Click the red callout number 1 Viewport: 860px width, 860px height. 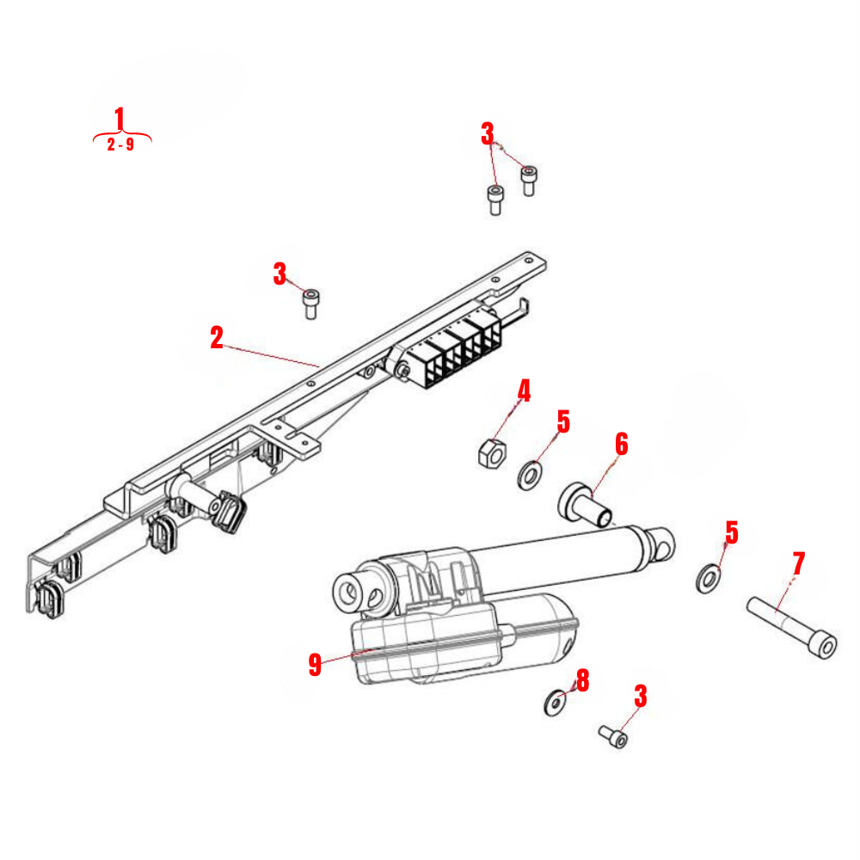tap(120, 119)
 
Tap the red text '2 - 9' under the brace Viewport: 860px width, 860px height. tap(120, 145)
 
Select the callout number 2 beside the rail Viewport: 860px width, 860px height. tap(217, 337)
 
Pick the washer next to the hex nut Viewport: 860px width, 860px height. tap(531, 474)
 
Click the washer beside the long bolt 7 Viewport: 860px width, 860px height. tap(708, 578)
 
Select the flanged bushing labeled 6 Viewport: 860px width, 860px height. tap(584, 504)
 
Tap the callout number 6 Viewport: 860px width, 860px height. tap(621, 445)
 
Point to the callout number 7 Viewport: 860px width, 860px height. tap(798, 564)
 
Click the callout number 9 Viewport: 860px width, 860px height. tap(315, 664)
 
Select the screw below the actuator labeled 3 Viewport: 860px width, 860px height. tap(613, 737)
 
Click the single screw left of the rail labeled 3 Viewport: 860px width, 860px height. tap(311, 303)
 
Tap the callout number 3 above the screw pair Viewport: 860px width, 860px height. tap(488, 133)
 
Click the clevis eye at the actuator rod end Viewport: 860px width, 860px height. tap(662, 543)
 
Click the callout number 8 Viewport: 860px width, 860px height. tap(583, 681)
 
